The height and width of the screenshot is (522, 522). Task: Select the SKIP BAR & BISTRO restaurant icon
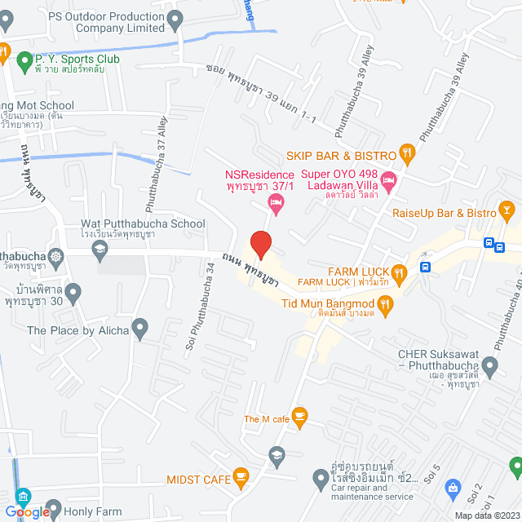[x=407, y=153]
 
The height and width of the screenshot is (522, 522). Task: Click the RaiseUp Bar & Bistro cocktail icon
[x=508, y=212]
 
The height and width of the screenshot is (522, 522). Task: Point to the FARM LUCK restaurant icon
[x=398, y=272]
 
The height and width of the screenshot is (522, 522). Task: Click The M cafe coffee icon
[x=299, y=417]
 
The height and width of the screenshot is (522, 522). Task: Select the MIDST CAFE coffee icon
[x=241, y=475]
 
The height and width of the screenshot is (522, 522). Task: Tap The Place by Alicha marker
[x=140, y=330]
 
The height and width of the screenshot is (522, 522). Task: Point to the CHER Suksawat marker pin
[x=490, y=365]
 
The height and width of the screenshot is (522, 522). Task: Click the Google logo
[x=30, y=511]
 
